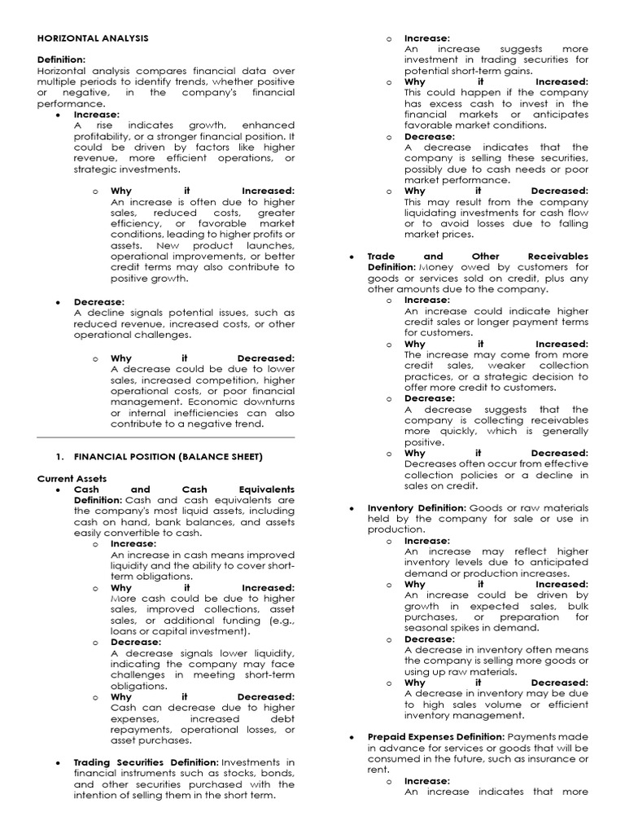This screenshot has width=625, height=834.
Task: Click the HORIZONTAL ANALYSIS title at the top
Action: pos(93,38)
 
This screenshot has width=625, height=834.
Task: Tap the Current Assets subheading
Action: pos(72,478)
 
